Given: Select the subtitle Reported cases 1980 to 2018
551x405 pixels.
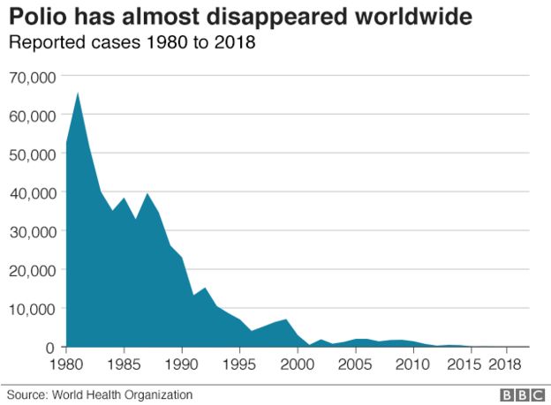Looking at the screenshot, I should tap(132, 42).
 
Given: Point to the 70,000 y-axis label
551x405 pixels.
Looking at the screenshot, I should tap(32, 77).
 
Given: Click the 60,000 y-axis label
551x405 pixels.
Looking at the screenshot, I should tap(32, 116).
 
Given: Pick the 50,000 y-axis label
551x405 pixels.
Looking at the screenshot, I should tap(32, 154).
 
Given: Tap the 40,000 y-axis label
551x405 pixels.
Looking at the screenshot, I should tap(32, 192).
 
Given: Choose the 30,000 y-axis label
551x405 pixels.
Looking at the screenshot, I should tap(32, 231).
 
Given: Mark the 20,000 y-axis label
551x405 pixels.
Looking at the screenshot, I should tap(32, 270).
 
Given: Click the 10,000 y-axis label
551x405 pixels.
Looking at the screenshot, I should tap(32, 309).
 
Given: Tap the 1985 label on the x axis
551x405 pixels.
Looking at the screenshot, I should tap(125, 364).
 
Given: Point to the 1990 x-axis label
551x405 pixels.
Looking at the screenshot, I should tap(182, 364).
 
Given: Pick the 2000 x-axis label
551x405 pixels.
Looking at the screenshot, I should tap(298, 364).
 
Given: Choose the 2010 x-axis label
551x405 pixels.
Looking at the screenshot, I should tap(413, 364).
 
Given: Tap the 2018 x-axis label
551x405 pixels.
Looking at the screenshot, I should tap(505, 364).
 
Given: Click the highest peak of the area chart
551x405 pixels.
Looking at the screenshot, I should tap(79, 94).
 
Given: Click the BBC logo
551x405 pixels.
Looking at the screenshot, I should tap(520, 394).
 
